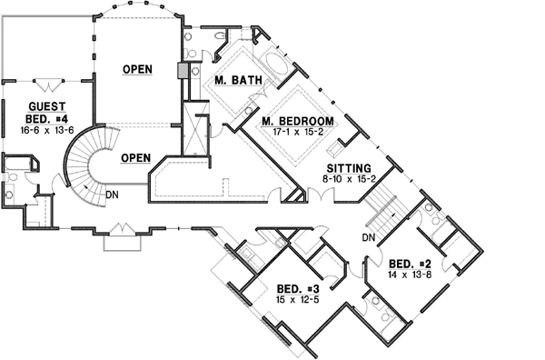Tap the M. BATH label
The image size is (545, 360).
point(239,81)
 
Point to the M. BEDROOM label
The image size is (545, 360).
point(297,122)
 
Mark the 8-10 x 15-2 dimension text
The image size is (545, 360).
point(349,180)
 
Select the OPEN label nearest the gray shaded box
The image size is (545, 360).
point(138,69)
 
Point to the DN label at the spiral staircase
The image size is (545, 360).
point(110,194)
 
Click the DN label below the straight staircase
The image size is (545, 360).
point(368,237)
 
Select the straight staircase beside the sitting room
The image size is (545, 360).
point(383,205)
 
